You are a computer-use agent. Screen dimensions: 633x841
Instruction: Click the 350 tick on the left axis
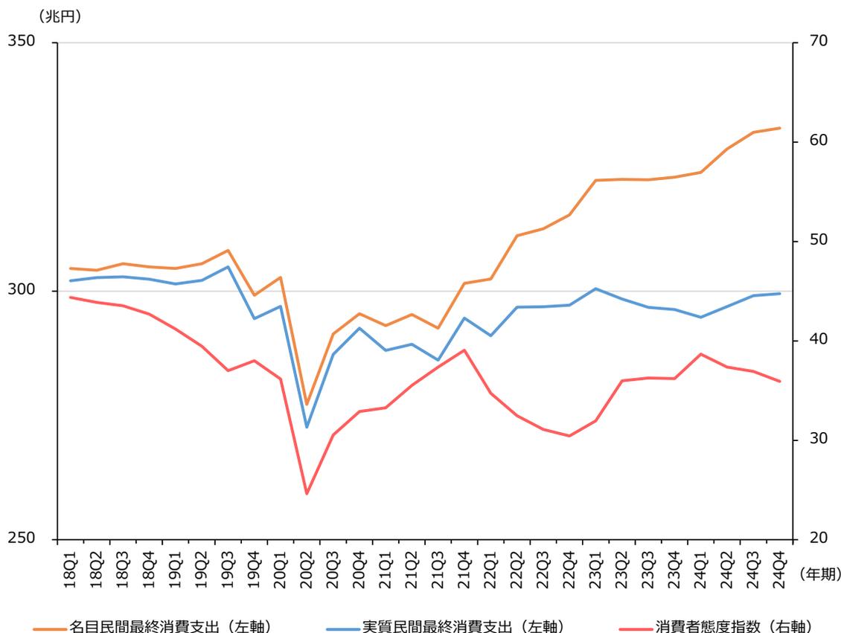pyautogui.click(x=22, y=42)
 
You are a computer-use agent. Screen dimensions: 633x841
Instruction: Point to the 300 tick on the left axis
pyautogui.click(x=22, y=291)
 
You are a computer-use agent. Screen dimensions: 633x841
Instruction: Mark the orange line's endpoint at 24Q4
pyautogui.click(x=779, y=128)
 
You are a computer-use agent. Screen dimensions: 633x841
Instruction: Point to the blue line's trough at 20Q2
pyautogui.click(x=306, y=427)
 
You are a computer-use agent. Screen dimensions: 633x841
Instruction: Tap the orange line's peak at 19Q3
pyautogui.click(x=228, y=250)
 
